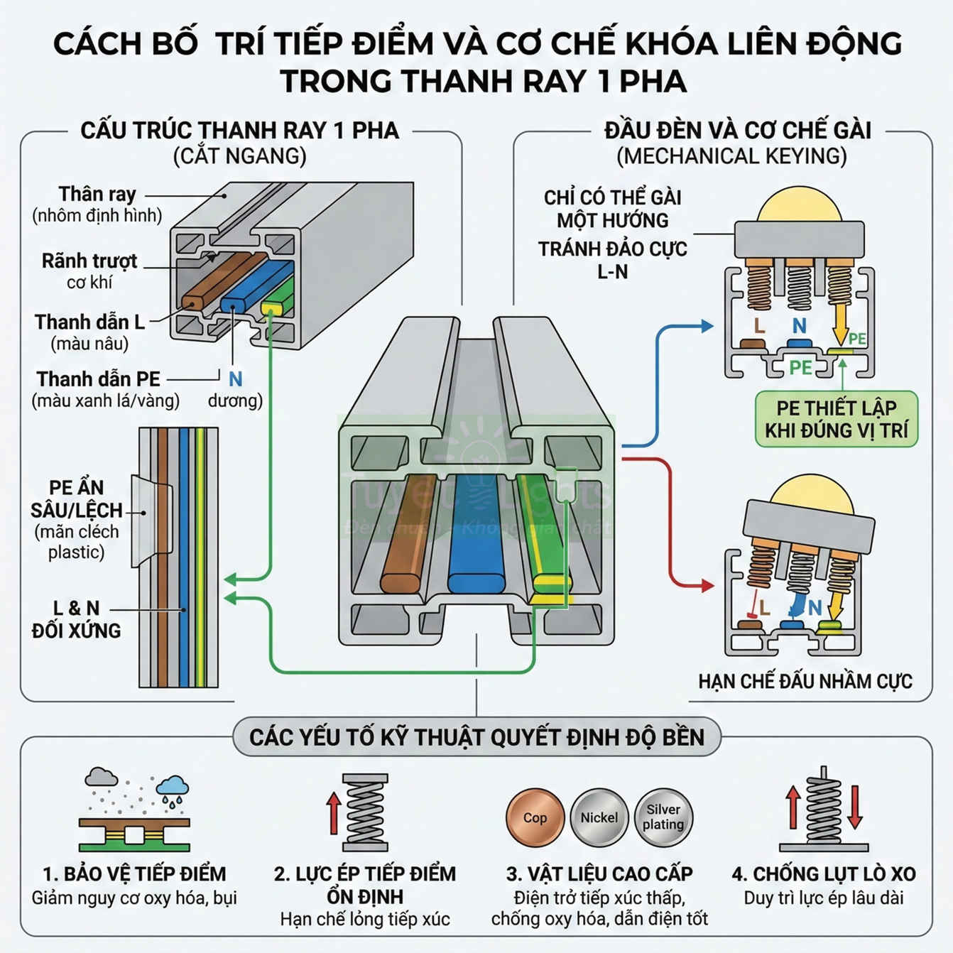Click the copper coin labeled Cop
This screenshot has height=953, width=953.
[535, 817]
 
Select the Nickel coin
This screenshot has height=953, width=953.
[599, 817]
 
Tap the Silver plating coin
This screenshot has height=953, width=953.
[663, 817]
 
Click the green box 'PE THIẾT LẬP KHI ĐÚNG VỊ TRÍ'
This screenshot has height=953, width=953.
[836, 419]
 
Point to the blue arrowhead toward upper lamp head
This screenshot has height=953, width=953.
[707, 326]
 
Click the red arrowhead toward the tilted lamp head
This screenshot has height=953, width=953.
[707, 585]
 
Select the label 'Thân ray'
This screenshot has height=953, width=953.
[97, 195]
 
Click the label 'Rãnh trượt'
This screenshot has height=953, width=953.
[89, 261]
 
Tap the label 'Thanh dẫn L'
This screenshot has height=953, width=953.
[89, 322]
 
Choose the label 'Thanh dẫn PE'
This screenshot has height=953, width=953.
[99, 379]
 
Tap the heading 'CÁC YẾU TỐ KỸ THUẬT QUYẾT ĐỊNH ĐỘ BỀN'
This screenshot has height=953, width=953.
[476, 737]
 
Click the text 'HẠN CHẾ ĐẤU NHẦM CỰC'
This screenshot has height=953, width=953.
[805, 682]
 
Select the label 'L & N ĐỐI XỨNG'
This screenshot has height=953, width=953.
[77, 619]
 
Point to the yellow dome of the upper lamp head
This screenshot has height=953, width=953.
[799, 206]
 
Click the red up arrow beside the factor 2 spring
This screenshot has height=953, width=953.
[333, 813]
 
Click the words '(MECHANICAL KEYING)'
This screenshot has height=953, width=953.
[731, 156]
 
